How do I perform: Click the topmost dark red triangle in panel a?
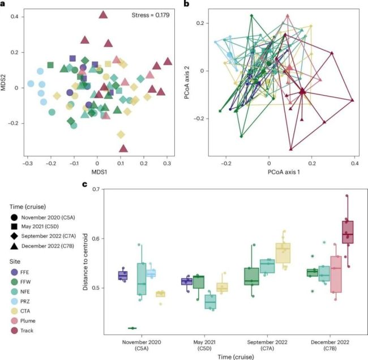pyautogui.click(x=103, y=14)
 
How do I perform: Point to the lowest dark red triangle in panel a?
pyautogui.click(x=123, y=148)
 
